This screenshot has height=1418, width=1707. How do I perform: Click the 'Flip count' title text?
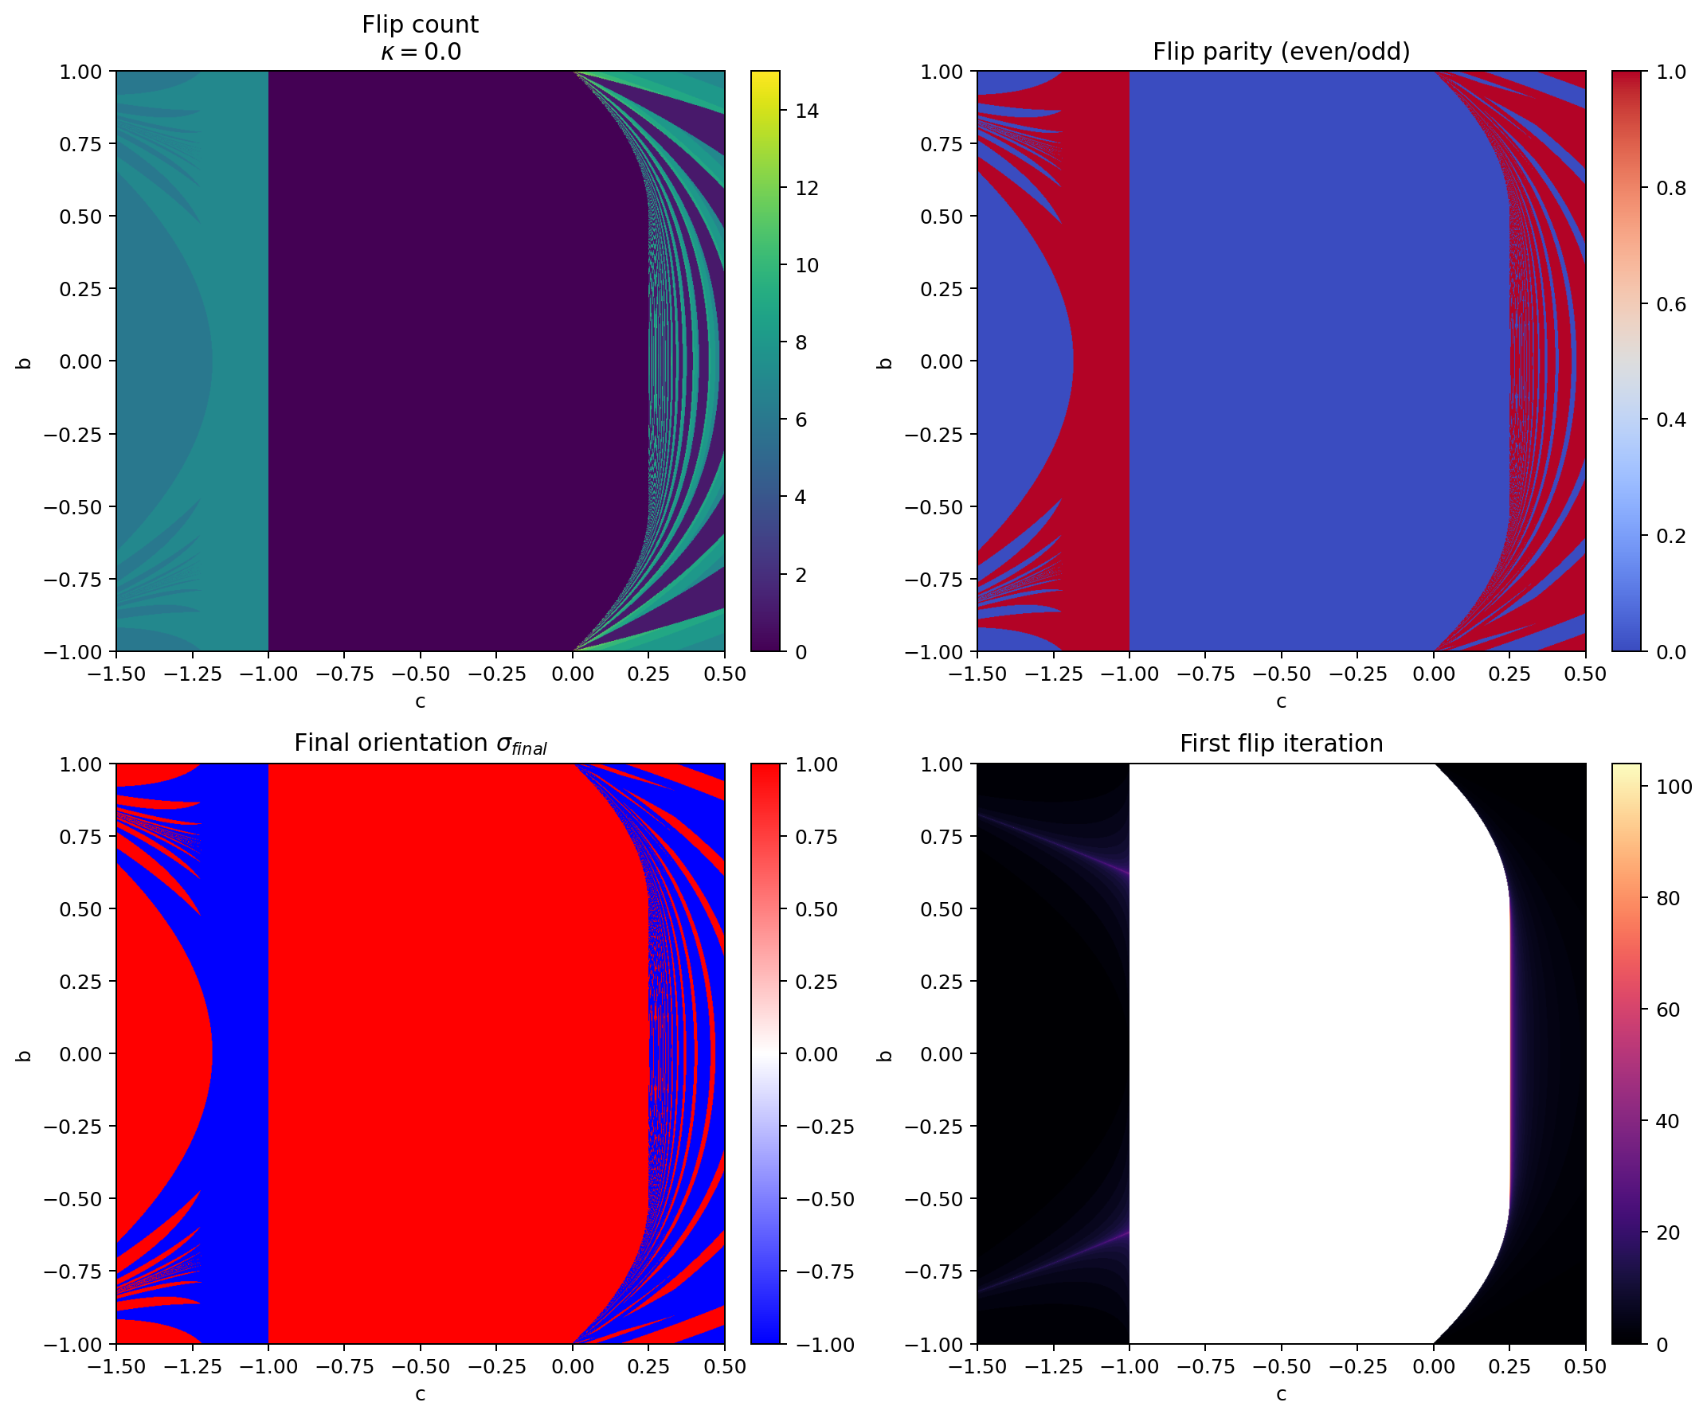coord(421,25)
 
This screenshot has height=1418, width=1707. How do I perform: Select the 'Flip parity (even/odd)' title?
coord(1281,52)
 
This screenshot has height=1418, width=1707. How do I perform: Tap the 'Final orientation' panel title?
coord(421,744)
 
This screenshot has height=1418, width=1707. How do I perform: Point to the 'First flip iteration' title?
coord(1281,744)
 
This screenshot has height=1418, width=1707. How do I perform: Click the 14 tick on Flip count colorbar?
coord(806,111)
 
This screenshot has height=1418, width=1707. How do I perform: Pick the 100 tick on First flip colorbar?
coord(1673,787)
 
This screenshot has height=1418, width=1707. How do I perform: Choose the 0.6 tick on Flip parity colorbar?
coord(1670,304)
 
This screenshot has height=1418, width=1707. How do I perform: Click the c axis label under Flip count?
coord(421,701)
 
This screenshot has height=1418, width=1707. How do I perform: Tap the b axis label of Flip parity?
coord(885,362)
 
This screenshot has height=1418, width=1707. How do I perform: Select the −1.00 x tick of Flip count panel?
coord(268,674)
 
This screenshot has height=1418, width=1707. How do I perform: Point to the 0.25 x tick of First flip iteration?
coord(1509,1367)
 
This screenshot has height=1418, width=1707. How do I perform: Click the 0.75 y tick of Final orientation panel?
coord(83,837)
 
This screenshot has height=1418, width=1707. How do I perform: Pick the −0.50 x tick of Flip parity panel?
coord(1281,674)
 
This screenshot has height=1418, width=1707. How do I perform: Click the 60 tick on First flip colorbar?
coord(1666,1010)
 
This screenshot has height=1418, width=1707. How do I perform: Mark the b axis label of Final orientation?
coord(25,1055)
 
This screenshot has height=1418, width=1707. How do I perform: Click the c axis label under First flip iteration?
coord(1281,1394)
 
